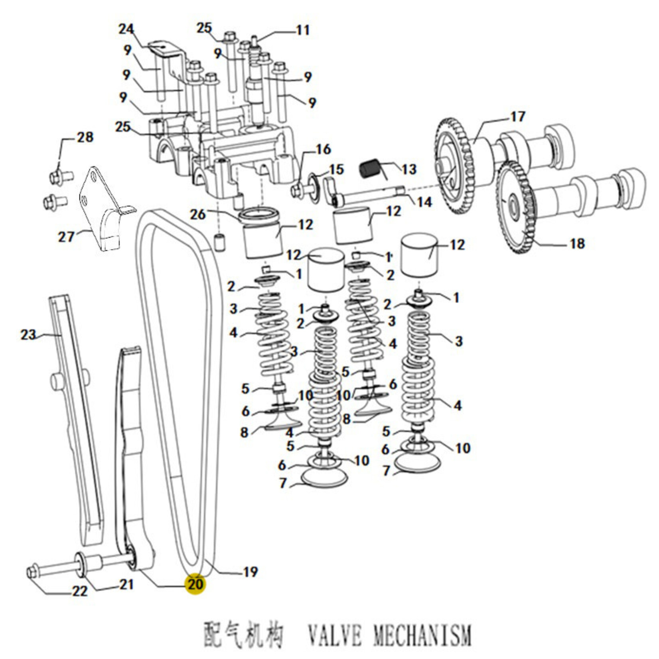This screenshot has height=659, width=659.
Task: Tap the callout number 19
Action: [x=250, y=572]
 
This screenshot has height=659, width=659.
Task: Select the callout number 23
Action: [x=28, y=334]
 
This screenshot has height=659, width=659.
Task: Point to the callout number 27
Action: [x=66, y=237]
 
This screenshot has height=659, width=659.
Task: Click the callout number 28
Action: [x=85, y=137]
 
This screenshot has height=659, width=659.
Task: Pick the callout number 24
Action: [x=126, y=30]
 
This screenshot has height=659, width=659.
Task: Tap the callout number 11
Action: [x=302, y=30]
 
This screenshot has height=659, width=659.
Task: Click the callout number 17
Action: [x=517, y=117]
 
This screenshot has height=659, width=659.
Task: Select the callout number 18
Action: [x=577, y=243]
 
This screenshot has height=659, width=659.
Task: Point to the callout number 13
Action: [x=408, y=169]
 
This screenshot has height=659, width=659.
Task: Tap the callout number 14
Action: [x=424, y=202]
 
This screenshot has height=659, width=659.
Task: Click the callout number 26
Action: [x=197, y=215]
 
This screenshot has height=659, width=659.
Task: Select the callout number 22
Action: [x=79, y=591]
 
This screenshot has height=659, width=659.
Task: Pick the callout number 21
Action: [x=126, y=584]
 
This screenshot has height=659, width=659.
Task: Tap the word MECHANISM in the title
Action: [x=422, y=634]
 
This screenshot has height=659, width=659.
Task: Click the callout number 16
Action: [x=323, y=150]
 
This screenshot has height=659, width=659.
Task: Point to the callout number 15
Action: [x=336, y=169]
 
